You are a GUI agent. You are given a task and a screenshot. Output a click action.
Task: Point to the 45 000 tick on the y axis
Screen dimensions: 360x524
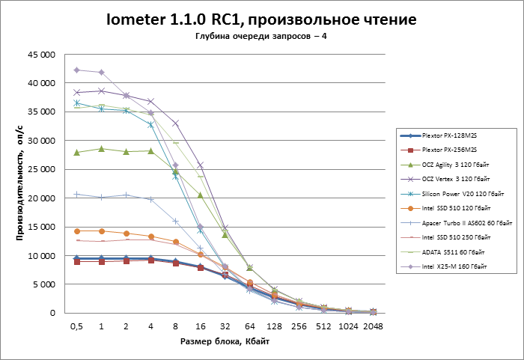pyautogui.click(x=42, y=55)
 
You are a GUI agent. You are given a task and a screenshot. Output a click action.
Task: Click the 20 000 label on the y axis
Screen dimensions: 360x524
pyautogui.click(x=42, y=198)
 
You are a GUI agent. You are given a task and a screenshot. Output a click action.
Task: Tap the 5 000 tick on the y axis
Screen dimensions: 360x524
pyautogui.click(x=44, y=284)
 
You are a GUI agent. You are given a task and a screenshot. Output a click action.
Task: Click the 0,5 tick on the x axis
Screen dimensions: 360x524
pyautogui.click(x=76, y=326)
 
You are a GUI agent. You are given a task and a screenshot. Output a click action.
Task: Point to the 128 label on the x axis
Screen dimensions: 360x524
pyautogui.click(x=275, y=326)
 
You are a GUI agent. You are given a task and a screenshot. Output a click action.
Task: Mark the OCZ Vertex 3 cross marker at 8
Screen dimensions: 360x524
pyautogui.click(x=176, y=123)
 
